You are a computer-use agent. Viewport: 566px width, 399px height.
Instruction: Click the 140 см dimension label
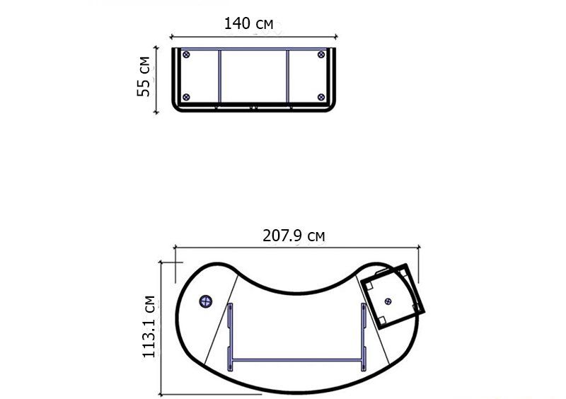(249, 24)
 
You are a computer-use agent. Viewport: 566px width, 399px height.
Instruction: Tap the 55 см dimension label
(144, 76)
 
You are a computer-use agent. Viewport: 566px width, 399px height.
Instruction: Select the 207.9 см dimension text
(294, 236)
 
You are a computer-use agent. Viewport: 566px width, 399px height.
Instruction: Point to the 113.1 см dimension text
(149, 327)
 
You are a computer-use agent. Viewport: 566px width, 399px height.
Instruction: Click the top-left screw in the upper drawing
(186, 54)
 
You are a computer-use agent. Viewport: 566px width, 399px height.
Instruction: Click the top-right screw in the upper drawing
(321, 54)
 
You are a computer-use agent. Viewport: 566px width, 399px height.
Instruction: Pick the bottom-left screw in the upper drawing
(186, 97)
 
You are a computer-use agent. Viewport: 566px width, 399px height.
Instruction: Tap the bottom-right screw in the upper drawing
(321, 97)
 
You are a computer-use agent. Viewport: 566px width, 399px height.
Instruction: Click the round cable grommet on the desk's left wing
(206, 301)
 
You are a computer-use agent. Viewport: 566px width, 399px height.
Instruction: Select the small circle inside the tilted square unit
(388, 301)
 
